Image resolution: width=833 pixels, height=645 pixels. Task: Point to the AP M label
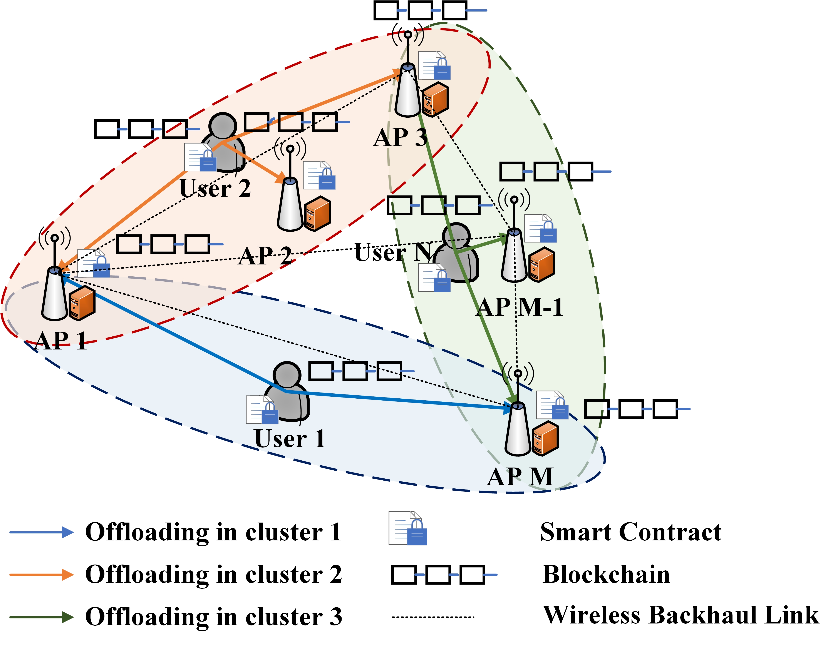click(x=520, y=476)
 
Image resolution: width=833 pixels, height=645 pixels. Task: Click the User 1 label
click(x=290, y=438)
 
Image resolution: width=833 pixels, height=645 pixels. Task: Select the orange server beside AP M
click(x=545, y=438)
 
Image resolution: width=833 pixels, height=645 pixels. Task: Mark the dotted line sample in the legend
click(x=433, y=617)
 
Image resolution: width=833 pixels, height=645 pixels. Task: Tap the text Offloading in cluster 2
click(x=214, y=575)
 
